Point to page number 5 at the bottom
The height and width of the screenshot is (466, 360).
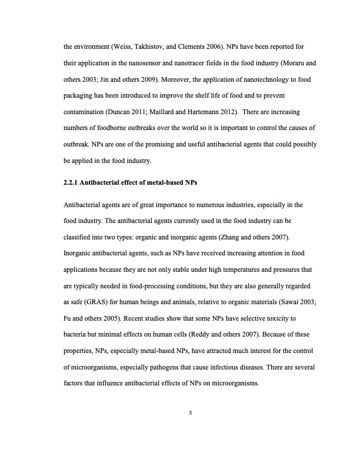190,412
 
